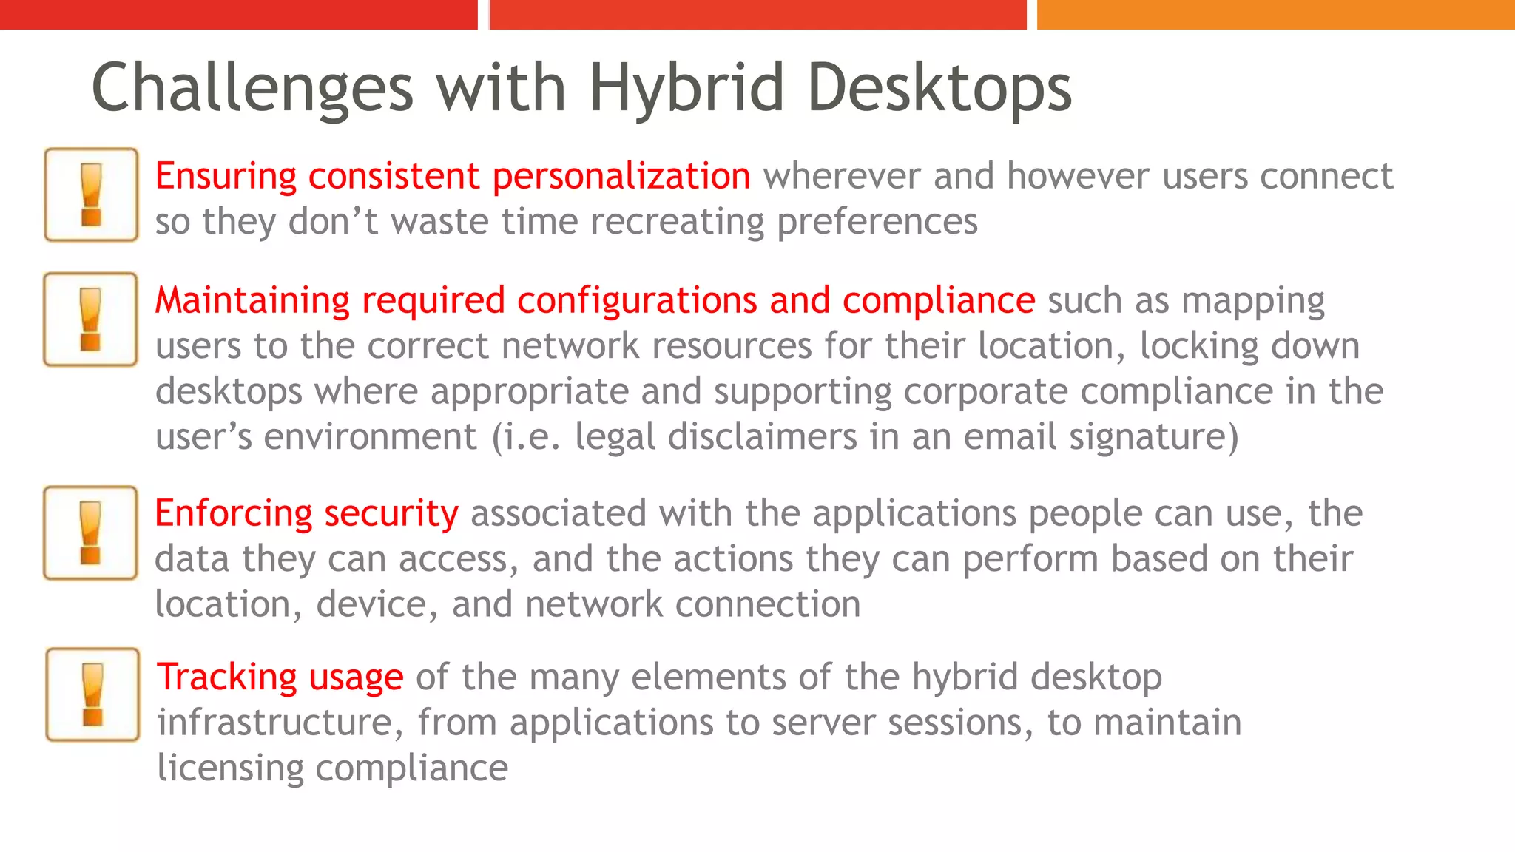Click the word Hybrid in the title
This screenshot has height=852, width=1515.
pyautogui.click(x=686, y=89)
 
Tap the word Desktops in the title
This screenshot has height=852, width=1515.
pyautogui.click(x=939, y=89)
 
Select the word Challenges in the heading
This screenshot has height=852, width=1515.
pyautogui.click(x=252, y=89)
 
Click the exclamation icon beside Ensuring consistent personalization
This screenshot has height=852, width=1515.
pyautogui.click(x=91, y=195)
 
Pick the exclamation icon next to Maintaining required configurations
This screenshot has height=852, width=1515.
pyautogui.click(x=90, y=319)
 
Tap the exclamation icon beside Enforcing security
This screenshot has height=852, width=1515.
pyautogui.click(x=90, y=532)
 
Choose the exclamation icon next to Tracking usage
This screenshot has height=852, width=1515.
pyautogui.click(x=92, y=694)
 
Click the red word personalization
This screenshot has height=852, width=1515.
pyautogui.click(x=621, y=177)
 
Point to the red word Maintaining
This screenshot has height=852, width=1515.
pyautogui.click(x=252, y=301)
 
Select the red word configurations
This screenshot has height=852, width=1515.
pyautogui.click(x=637, y=301)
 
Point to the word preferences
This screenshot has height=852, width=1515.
pyautogui.click(x=877, y=222)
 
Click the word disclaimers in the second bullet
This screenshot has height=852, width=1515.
pyautogui.click(x=762, y=436)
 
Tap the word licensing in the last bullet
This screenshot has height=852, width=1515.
pyautogui.click(x=230, y=768)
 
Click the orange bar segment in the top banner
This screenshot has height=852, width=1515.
pyautogui.click(x=1275, y=14)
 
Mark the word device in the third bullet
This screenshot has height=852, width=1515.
pyautogui.click(x=371, y=605)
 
